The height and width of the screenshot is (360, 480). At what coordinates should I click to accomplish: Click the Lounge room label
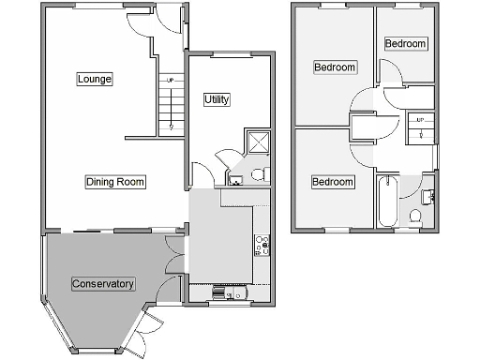tap(95, 79)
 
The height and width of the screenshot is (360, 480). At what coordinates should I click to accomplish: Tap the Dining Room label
tap(115, 182)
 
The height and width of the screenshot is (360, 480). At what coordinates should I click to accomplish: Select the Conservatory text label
tap(103, 283)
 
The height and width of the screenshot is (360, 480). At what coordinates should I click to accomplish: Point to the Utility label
tap(217, 99)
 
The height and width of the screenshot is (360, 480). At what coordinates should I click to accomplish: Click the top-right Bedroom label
tap(405, 44)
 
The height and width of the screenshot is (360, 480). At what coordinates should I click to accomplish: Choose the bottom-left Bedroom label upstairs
tap(333, 181)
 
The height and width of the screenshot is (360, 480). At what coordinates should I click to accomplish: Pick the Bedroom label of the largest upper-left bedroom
tap(335, 67)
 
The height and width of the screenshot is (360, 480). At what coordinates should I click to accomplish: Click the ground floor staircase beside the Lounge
tap(170, 103)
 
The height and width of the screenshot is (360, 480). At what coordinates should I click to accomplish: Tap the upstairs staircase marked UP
tap(420, 128)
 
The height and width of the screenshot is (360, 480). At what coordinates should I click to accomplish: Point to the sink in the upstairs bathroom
tap(427, 195)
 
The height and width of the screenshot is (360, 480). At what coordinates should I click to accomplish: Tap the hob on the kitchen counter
tap(262, 247)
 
